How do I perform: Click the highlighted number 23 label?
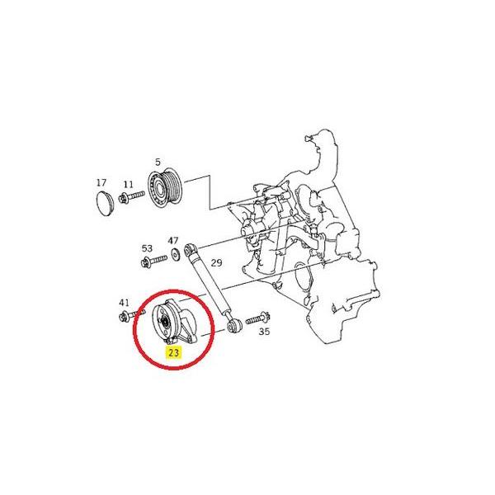[173, 352]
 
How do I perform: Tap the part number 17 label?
[101, 182]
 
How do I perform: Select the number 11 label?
[128, 184]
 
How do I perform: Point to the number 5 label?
[158, 163]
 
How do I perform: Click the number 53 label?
[147, 248]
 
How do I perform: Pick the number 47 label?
[173, 241]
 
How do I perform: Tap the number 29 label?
[217, 263]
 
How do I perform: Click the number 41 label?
[125, 302]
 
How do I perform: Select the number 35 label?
[264, 332]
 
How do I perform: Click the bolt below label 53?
[152, 264]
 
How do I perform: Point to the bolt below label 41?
[129, 316]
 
